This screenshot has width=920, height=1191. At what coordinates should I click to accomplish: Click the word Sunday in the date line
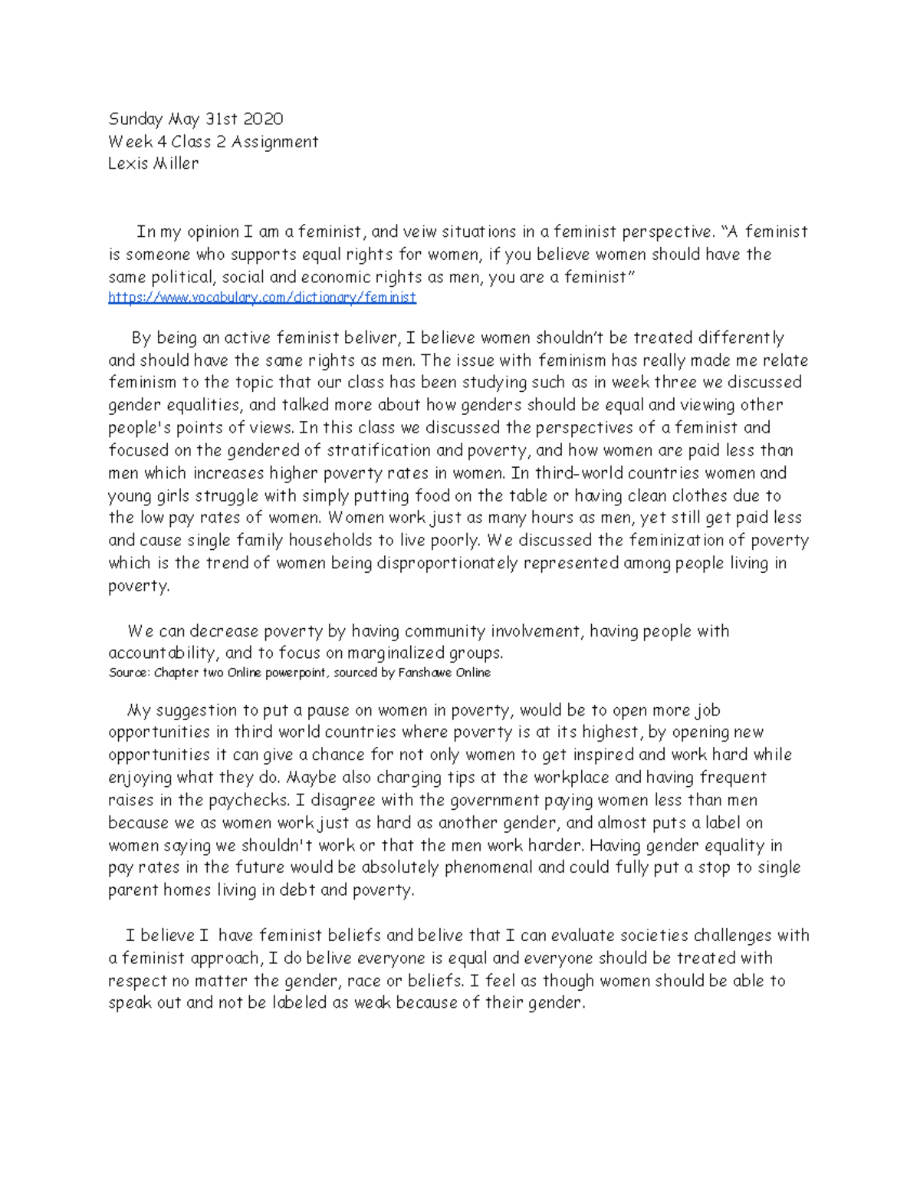(x=136, y=119)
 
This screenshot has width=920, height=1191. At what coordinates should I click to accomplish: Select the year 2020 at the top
(x=263, y=119)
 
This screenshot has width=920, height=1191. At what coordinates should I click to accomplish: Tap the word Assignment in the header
(x=274, y=141)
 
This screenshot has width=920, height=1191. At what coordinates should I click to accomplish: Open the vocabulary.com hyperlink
(x=262, y=298)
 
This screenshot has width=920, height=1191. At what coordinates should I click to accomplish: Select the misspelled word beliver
(x=369, y=338)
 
